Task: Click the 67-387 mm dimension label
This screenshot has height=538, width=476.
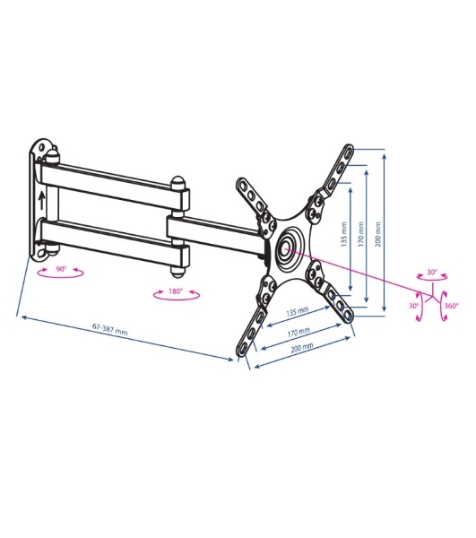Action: [x=110, y=329]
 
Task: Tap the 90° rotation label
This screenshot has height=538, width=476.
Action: [x=61, y=269]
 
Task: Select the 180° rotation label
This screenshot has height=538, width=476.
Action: [x=176, y=291]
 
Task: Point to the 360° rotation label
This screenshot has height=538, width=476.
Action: [x=451, y=306]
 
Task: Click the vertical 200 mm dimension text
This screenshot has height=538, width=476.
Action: [x=378, y=234]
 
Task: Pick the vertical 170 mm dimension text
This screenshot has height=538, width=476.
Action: [x=360, y=234]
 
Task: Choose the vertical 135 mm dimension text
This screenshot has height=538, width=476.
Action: [x=344, y=235]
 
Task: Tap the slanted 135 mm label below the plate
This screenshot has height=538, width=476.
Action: [x=298, y=311]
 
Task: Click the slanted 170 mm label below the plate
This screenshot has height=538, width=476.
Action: [x=299, y=332]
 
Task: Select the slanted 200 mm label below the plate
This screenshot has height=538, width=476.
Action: [x=302, y=348]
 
